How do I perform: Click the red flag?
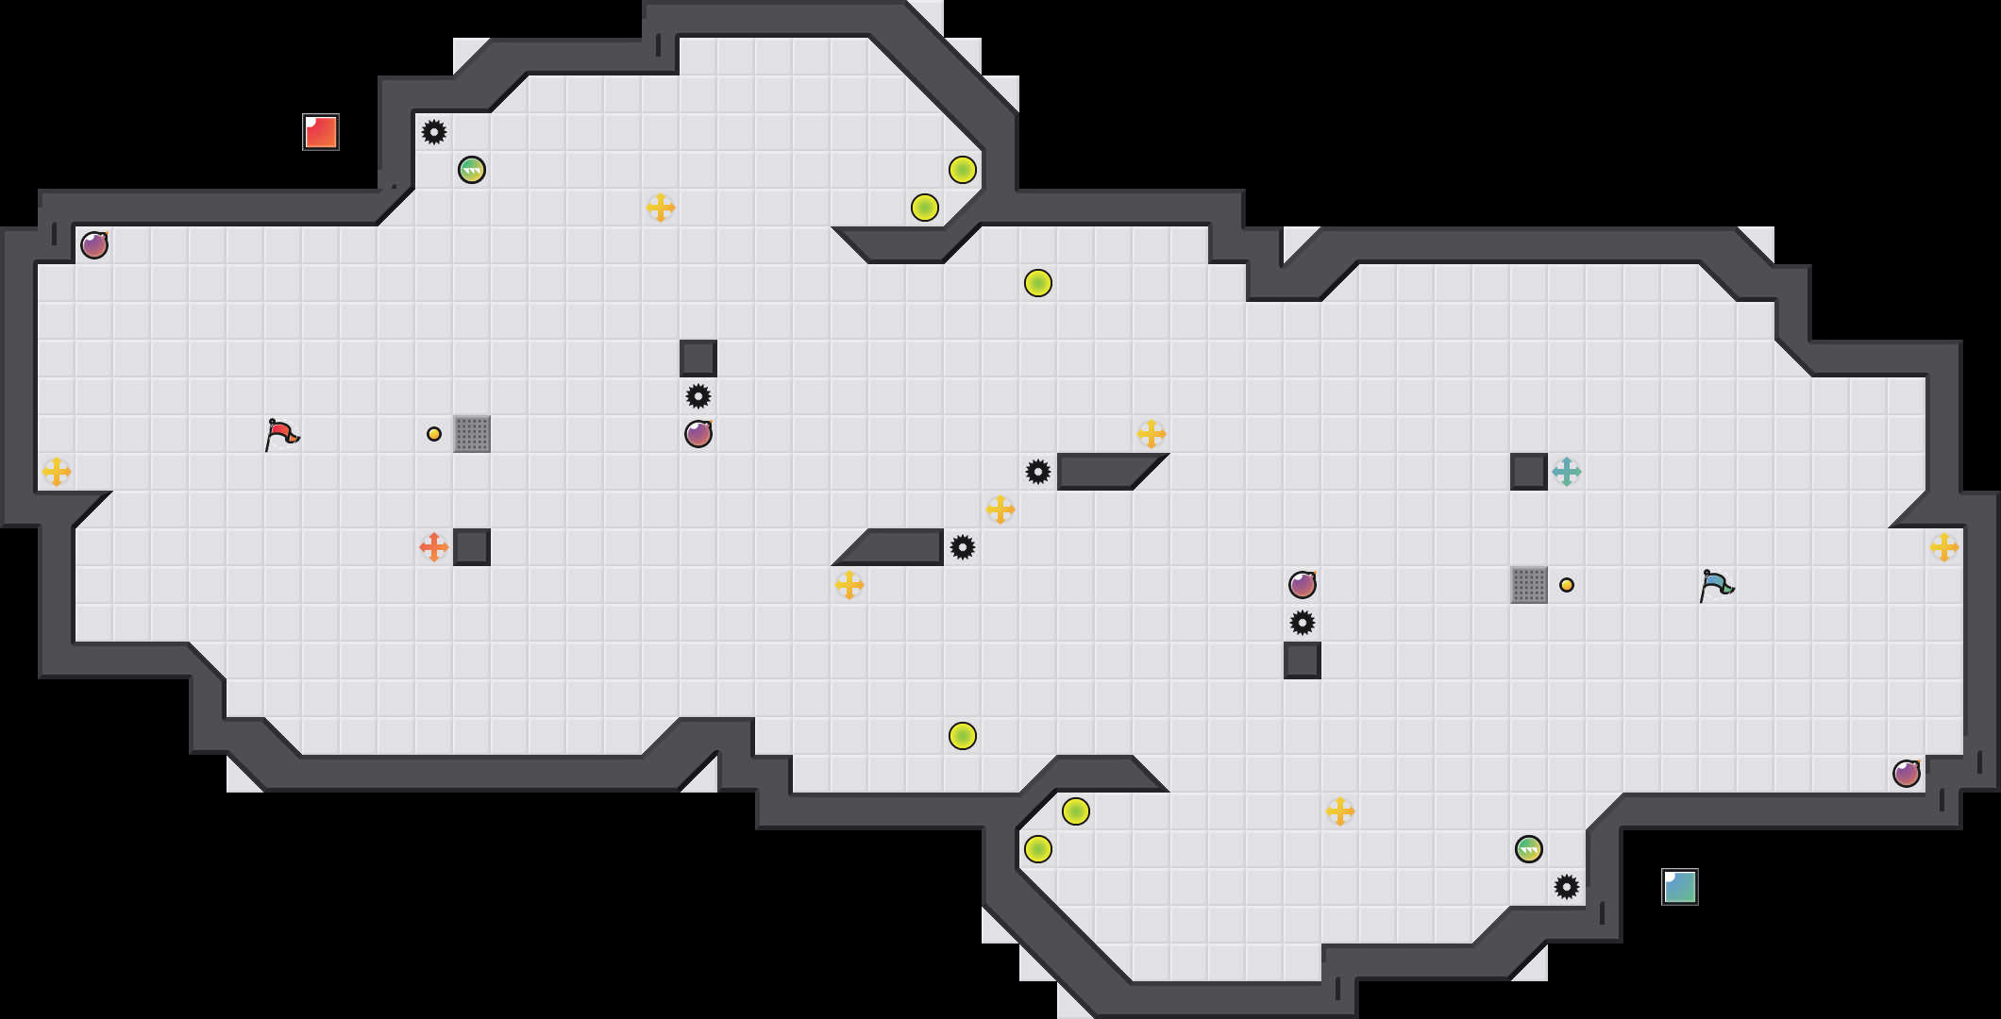coord(281,434)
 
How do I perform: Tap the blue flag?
coord(1716,585)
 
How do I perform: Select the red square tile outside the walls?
coord(321,132)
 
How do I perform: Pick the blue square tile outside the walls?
coord(1680,887)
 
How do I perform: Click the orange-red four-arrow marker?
coord(434,547)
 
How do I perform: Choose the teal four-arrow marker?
coord(1567,472)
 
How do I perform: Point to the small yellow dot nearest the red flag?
coord(434,434)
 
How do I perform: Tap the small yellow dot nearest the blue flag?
coord(1567,585)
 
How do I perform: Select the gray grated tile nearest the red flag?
coord(472,434)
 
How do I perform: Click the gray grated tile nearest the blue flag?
coord(1529,585)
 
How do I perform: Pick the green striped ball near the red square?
coord(472,170)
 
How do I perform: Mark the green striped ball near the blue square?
coord(1529,849)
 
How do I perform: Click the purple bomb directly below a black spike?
coord(698,434)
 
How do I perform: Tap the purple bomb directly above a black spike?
coord(1303,585)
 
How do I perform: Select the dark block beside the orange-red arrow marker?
coord(472,547)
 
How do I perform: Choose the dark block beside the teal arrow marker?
coord(1529,472)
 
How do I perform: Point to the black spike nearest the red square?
coord(434,132)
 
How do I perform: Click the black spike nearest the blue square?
coord(1567,887)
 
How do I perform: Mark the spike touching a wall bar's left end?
coord(1038,472)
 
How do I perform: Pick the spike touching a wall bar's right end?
coord(963,547)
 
